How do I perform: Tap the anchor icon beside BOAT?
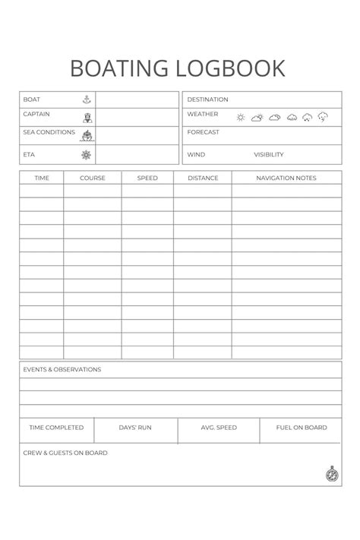pos(87,99)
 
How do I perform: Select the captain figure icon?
pos(87,118)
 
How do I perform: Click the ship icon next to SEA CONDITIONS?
pos(87,135)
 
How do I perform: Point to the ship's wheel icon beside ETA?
pos(87,155)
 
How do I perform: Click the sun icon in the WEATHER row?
pos(241,118)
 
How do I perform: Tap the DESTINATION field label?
pos(207,99)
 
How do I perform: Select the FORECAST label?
pos(203,132)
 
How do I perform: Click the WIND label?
pos(196,155)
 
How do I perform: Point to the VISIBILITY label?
pos(269,155)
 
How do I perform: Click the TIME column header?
pos(42,178)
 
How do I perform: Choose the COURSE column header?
pos(93,178)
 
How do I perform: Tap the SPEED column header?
pos(147,178)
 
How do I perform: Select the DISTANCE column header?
pos(203,178)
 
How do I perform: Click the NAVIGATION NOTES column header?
pos(286,178)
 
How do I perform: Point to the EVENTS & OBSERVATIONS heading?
pos(62,370)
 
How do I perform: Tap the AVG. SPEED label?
pos(219,428)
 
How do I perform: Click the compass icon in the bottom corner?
pos(331,475)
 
